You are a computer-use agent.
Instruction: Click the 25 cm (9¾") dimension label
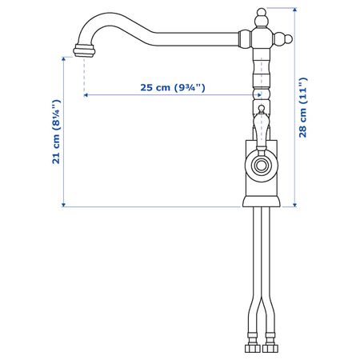tap(173, 87)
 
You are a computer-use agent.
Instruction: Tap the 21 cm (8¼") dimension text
tap(57, 132)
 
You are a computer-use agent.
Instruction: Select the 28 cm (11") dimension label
tap(303, 108)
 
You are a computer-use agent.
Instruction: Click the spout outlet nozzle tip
tap(84, 50)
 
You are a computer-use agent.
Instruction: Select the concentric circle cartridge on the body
tap(262, 166)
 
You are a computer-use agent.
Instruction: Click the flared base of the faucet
tap(262, 202)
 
